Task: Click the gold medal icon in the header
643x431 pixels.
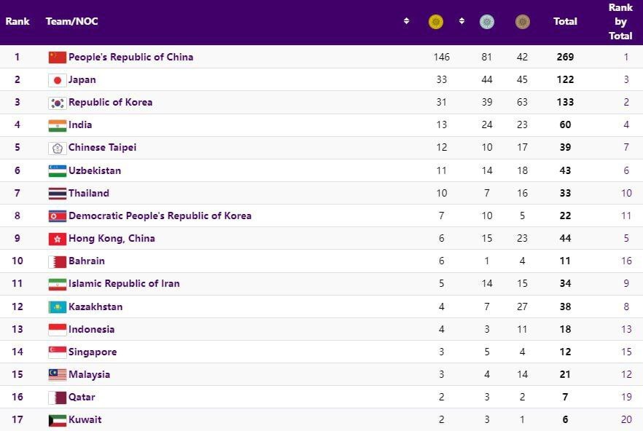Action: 436,22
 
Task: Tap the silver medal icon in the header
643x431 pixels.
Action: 487,22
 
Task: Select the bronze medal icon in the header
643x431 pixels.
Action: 522,22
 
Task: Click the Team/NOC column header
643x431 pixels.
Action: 71,21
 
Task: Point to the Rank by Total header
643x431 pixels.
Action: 620,21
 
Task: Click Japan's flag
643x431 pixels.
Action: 57,80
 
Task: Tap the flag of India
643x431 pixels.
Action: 57,125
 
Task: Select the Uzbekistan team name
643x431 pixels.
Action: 95,170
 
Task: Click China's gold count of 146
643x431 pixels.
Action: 441,57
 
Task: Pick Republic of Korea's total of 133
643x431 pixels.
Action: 564,102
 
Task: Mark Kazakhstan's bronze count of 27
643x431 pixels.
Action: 522,307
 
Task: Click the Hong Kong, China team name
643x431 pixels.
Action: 112,238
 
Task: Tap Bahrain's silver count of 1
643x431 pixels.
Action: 487,261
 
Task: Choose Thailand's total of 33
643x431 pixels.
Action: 564,193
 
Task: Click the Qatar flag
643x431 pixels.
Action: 57,398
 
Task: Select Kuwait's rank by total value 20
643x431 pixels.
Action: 626,419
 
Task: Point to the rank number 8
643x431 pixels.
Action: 17,215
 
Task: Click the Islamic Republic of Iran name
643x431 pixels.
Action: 124,283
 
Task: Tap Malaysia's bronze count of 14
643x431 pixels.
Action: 522,374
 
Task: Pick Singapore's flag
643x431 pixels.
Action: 57,352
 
